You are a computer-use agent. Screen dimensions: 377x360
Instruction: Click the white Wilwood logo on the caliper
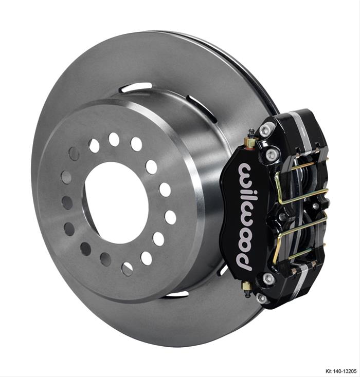246,216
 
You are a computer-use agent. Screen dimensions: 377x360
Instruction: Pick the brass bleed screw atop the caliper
251,140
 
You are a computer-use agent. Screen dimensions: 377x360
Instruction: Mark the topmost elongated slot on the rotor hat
136,88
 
